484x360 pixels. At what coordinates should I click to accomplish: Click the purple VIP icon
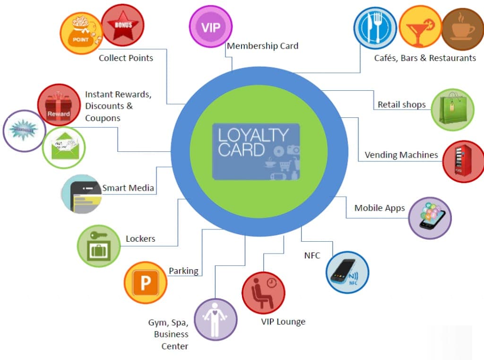pos(210,26)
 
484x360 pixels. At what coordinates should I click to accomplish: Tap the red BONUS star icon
pos(123,25)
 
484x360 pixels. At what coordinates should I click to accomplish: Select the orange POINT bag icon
pos(81,33)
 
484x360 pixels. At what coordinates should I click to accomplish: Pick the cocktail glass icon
pos(420,28)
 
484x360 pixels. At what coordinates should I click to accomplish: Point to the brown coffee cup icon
pos(462,29)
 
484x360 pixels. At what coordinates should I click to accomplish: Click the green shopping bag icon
pos(452,110)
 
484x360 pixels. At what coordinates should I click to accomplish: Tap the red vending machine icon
pos(463,161)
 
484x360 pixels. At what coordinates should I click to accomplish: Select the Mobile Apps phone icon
pos(430,218)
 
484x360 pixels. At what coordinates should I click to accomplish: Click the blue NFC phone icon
pos(347,273)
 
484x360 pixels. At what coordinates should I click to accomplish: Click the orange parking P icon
pos(145,283)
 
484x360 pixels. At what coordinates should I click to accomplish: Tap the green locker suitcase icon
pos(98,246)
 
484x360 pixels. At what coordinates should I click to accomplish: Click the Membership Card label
pos(262,46)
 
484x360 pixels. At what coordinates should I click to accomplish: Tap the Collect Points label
pos(126,58)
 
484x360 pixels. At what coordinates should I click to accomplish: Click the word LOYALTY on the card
pos(252,136)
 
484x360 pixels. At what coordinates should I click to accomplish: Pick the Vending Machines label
pos(401,155)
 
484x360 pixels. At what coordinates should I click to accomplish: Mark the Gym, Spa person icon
pos(216,319)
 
